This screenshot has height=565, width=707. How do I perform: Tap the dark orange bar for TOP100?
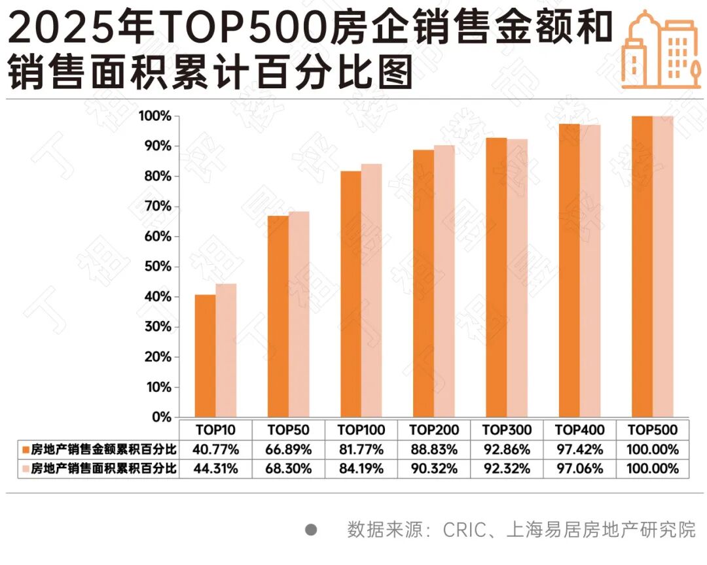(350, 294)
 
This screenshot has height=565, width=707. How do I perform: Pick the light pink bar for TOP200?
(444, 281)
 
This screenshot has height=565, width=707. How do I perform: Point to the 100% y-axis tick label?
(154, 116)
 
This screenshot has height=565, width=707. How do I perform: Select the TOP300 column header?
(507, 430)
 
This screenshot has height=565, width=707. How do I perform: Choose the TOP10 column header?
(215, 430)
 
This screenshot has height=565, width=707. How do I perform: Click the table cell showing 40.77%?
(215, 450)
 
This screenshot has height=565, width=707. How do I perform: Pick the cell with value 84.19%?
(361, 469)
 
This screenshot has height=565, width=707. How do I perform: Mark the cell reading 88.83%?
(434, 450)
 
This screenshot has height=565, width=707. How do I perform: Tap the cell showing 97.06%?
(579, 469)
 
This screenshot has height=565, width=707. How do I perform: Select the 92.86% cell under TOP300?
(507, 450)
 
